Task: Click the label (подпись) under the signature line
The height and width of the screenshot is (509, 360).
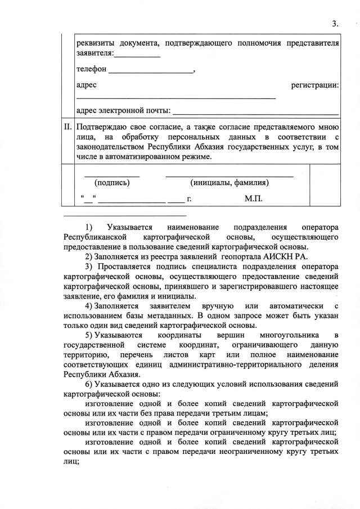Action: (112, 182)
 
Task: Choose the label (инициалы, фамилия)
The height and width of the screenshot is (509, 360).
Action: (229, 182)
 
